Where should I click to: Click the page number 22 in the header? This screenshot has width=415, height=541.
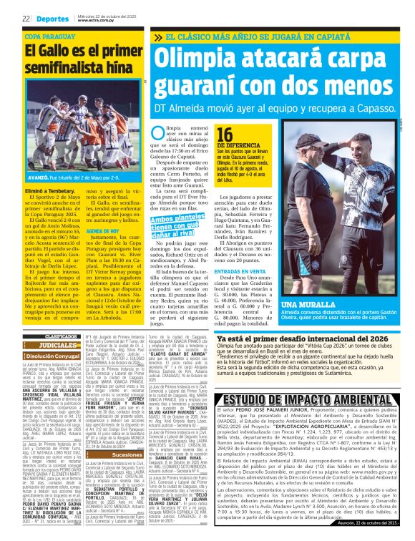click(x=25, y=19)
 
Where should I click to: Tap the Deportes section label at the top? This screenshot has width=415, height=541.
click(x=51, y=19)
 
